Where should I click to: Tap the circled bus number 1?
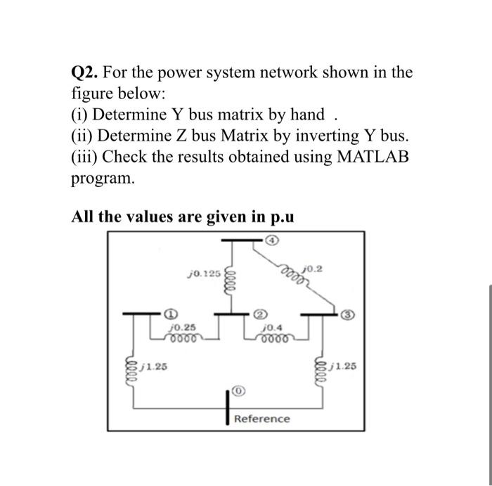coord(169,313)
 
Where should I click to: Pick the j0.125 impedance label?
coord(205,272)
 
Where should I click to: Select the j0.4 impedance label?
coord(271,327)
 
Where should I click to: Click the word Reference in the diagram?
coord(261,419)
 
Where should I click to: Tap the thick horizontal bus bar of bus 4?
coord(240,241)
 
